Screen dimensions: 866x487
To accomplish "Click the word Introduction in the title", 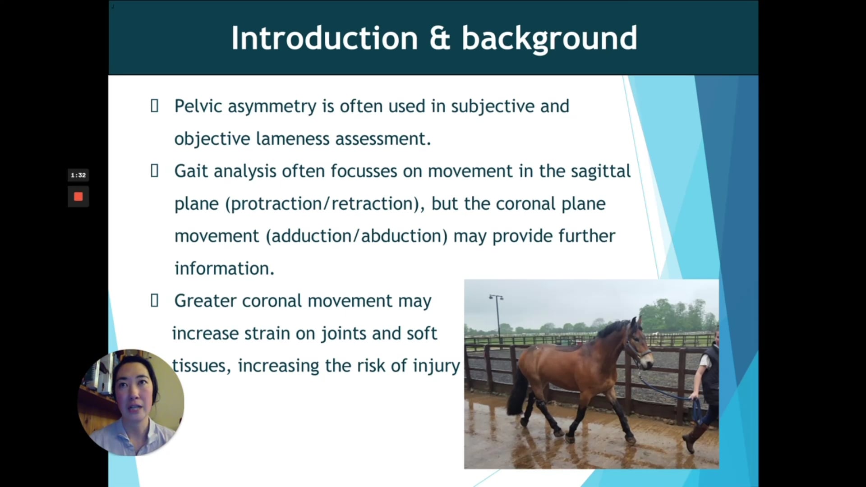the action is pyautogui.click(x=325, y=38).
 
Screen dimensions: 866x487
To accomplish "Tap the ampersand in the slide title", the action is pyautogui.click(x=440, y=38).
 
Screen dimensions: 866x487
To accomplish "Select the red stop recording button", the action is pyautogui.click(x=78, y=197).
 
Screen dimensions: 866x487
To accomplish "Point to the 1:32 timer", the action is pyautogui.click(x=78, y=175).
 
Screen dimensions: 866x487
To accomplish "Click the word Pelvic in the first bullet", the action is pyautogui.click(x=198, y=106).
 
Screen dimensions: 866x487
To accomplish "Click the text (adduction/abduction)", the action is pyautogui.click(x=357, y=236).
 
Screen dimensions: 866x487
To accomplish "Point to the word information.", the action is pyautogui.click(x=224, y=269).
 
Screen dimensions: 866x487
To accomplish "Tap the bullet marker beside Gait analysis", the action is pyautogui.click(x=154, y=171).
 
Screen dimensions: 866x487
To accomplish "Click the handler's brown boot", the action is pyautogui.click(x=693, y=437).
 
